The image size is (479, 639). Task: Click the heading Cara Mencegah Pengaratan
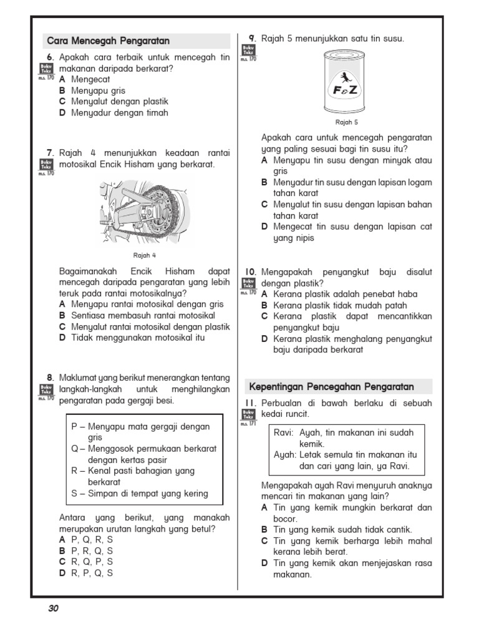pos(109,41)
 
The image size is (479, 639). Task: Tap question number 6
pos(52,57)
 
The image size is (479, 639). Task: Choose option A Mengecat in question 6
pos(85,79)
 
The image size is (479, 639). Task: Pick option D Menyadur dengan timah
pos(114,113)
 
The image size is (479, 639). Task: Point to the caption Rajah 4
pos(145,255)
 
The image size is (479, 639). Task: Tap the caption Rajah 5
pos(347,122)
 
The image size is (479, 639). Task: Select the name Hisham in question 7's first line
pos(200,165)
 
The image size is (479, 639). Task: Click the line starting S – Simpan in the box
pos(140,494)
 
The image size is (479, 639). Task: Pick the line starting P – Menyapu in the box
pos(140,427)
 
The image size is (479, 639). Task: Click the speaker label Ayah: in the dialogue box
pos(284,455)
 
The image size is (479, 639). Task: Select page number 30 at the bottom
pos(53,608)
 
